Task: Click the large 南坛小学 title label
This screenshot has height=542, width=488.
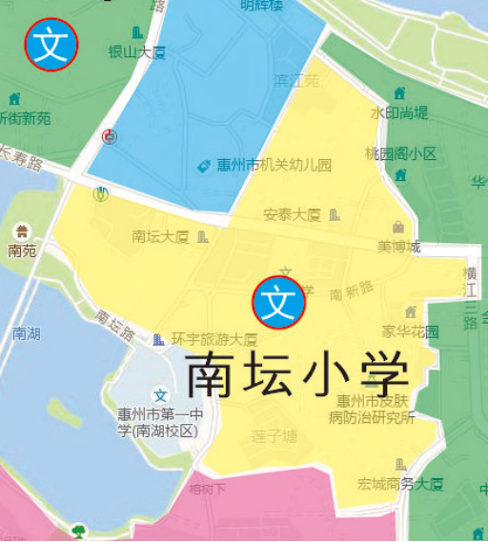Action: [x=297, y=374]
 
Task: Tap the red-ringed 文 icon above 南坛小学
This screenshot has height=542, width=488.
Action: [x=278, y=303]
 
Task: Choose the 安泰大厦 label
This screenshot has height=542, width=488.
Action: [x=293, y=214]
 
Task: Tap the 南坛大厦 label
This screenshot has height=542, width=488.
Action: [x=160, y=236]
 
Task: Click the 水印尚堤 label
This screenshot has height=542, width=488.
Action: [x=399, y=112]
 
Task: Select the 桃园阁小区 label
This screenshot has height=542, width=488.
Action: [x=400, y=153]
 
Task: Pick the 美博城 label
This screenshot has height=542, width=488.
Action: [x=398, y=247]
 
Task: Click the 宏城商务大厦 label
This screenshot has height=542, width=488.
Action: [x=401, y=484]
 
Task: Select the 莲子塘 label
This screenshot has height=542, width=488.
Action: [x=275, y=437]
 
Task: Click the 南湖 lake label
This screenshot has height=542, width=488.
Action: [x=26, y=333]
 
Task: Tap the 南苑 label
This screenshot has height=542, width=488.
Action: [x=21, y=251]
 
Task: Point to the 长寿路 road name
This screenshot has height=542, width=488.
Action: [x=21, y=157]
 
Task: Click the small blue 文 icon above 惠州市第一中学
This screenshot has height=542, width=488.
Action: [x=160, y=395]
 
